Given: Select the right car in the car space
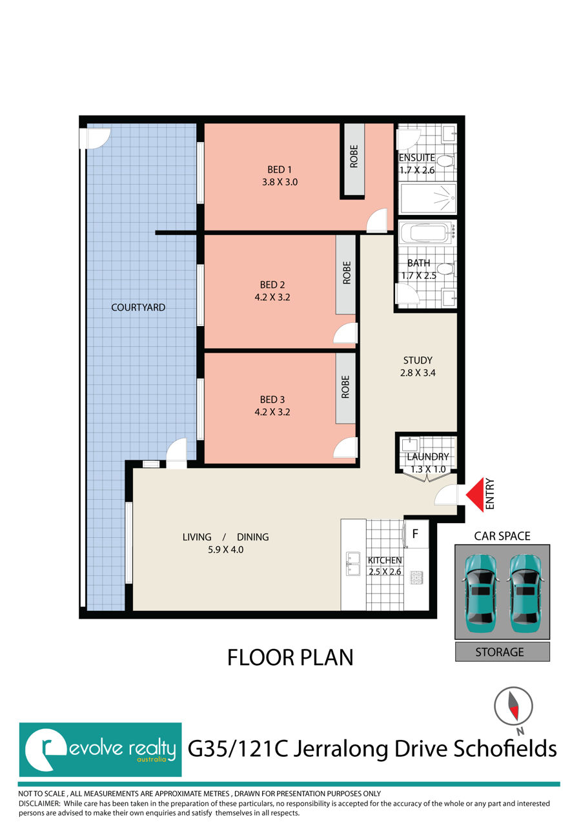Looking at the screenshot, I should [x=524, y=591].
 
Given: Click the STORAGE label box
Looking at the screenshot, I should [x=502, y=652].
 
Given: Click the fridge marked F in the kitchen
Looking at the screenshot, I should [x=416, y=534].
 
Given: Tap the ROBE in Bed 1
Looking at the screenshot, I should [x=353, y=160].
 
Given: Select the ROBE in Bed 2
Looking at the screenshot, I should [x=346, y=274].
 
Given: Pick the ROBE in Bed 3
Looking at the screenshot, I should [x=345, y=387].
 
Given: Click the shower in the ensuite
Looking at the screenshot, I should [x=428, y=198].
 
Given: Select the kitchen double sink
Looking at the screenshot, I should [x=352, y=563].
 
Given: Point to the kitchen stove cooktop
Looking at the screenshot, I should [x=416, y=577].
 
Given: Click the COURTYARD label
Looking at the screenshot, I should [x=138, y=307].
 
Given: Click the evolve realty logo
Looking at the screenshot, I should [x=100, y=749].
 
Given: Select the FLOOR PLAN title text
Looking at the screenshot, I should [x=290, y=657].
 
